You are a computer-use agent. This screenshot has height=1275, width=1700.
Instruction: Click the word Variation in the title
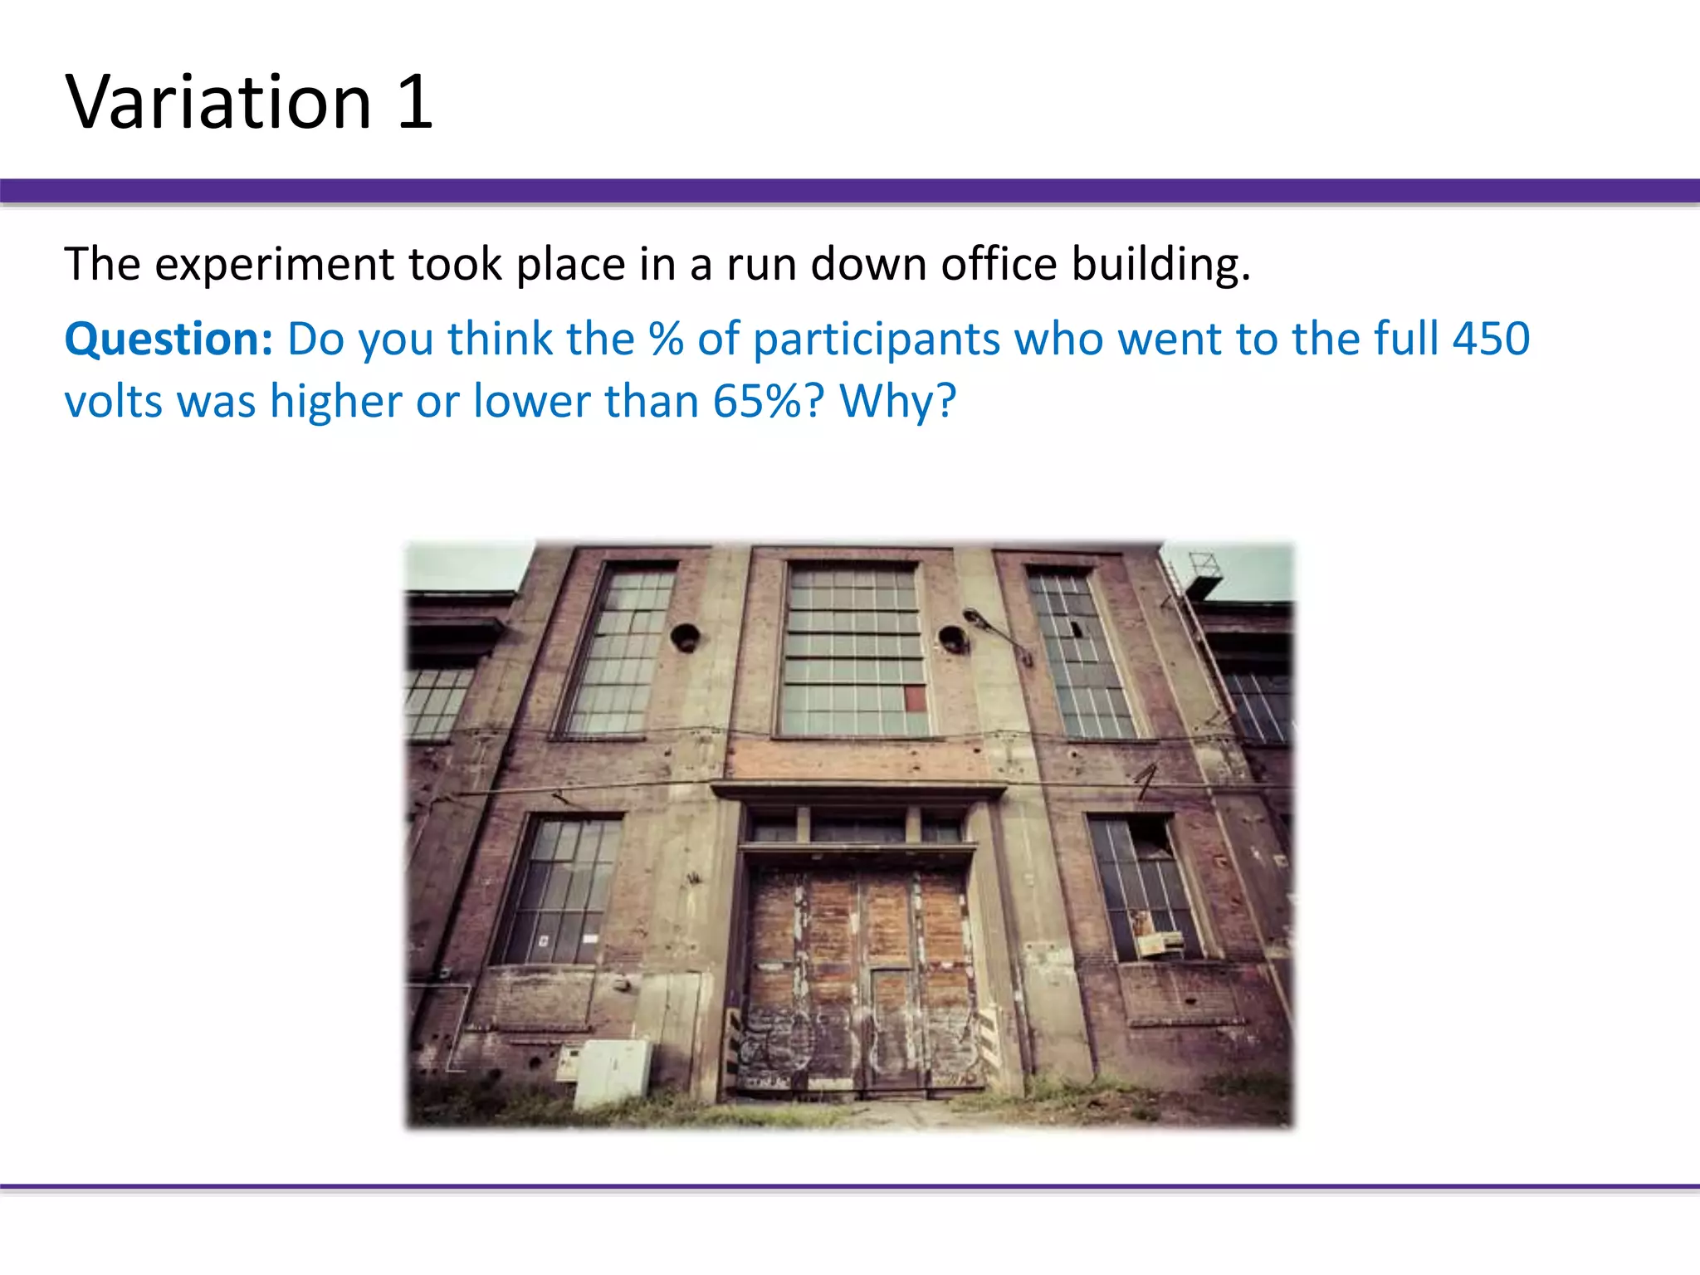coord(218,102)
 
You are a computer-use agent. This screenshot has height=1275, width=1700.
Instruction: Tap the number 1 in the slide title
coord(415,102)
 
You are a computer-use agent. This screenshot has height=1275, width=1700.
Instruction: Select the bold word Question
coord(169,340)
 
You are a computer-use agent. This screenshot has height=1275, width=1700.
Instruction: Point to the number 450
coord(1491,339)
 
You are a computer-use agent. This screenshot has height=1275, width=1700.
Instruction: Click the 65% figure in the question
coord(759,402)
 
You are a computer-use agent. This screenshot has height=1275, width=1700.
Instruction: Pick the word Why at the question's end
coord(897,402)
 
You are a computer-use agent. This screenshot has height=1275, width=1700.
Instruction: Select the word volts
coord(114,402)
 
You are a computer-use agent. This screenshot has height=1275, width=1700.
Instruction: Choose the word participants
coord(877,340)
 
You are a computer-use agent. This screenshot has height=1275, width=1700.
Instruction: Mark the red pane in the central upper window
coord(914,698)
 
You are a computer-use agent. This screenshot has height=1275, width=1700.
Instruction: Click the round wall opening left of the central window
coord(685,637)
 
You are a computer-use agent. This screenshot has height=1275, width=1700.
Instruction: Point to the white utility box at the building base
coord(613,1073)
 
